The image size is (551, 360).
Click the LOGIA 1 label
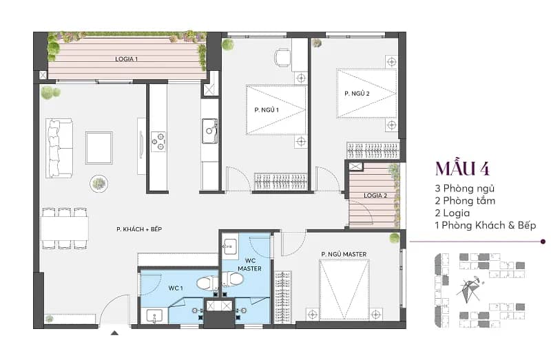pos(127,59)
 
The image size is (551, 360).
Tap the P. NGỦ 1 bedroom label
pos(267,110)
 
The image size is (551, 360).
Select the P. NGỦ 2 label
pos(357,94)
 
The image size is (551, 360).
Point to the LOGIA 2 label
pos(375,195)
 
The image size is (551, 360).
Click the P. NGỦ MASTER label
pos(344,254)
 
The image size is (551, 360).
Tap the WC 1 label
pos(176,288)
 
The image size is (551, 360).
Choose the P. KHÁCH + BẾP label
pos(139,229)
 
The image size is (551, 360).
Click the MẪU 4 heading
pos(462,169)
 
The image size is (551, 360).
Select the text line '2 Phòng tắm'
pos(465,201)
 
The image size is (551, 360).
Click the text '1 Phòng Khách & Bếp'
pos(486,225)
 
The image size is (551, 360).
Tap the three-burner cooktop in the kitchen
pos(158,142)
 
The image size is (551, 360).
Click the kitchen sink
pos(209,131)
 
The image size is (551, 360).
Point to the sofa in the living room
pos(59,148)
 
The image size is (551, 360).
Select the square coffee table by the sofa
pos(99,148)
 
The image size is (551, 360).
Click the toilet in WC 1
pos(207,284)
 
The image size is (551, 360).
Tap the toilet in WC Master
pos(233,279)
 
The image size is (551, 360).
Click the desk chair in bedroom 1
pos(282,57)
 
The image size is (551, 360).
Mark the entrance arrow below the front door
pos(114,332)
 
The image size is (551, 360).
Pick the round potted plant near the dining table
pos(98,183)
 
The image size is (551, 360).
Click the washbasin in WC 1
pos(154,316)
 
